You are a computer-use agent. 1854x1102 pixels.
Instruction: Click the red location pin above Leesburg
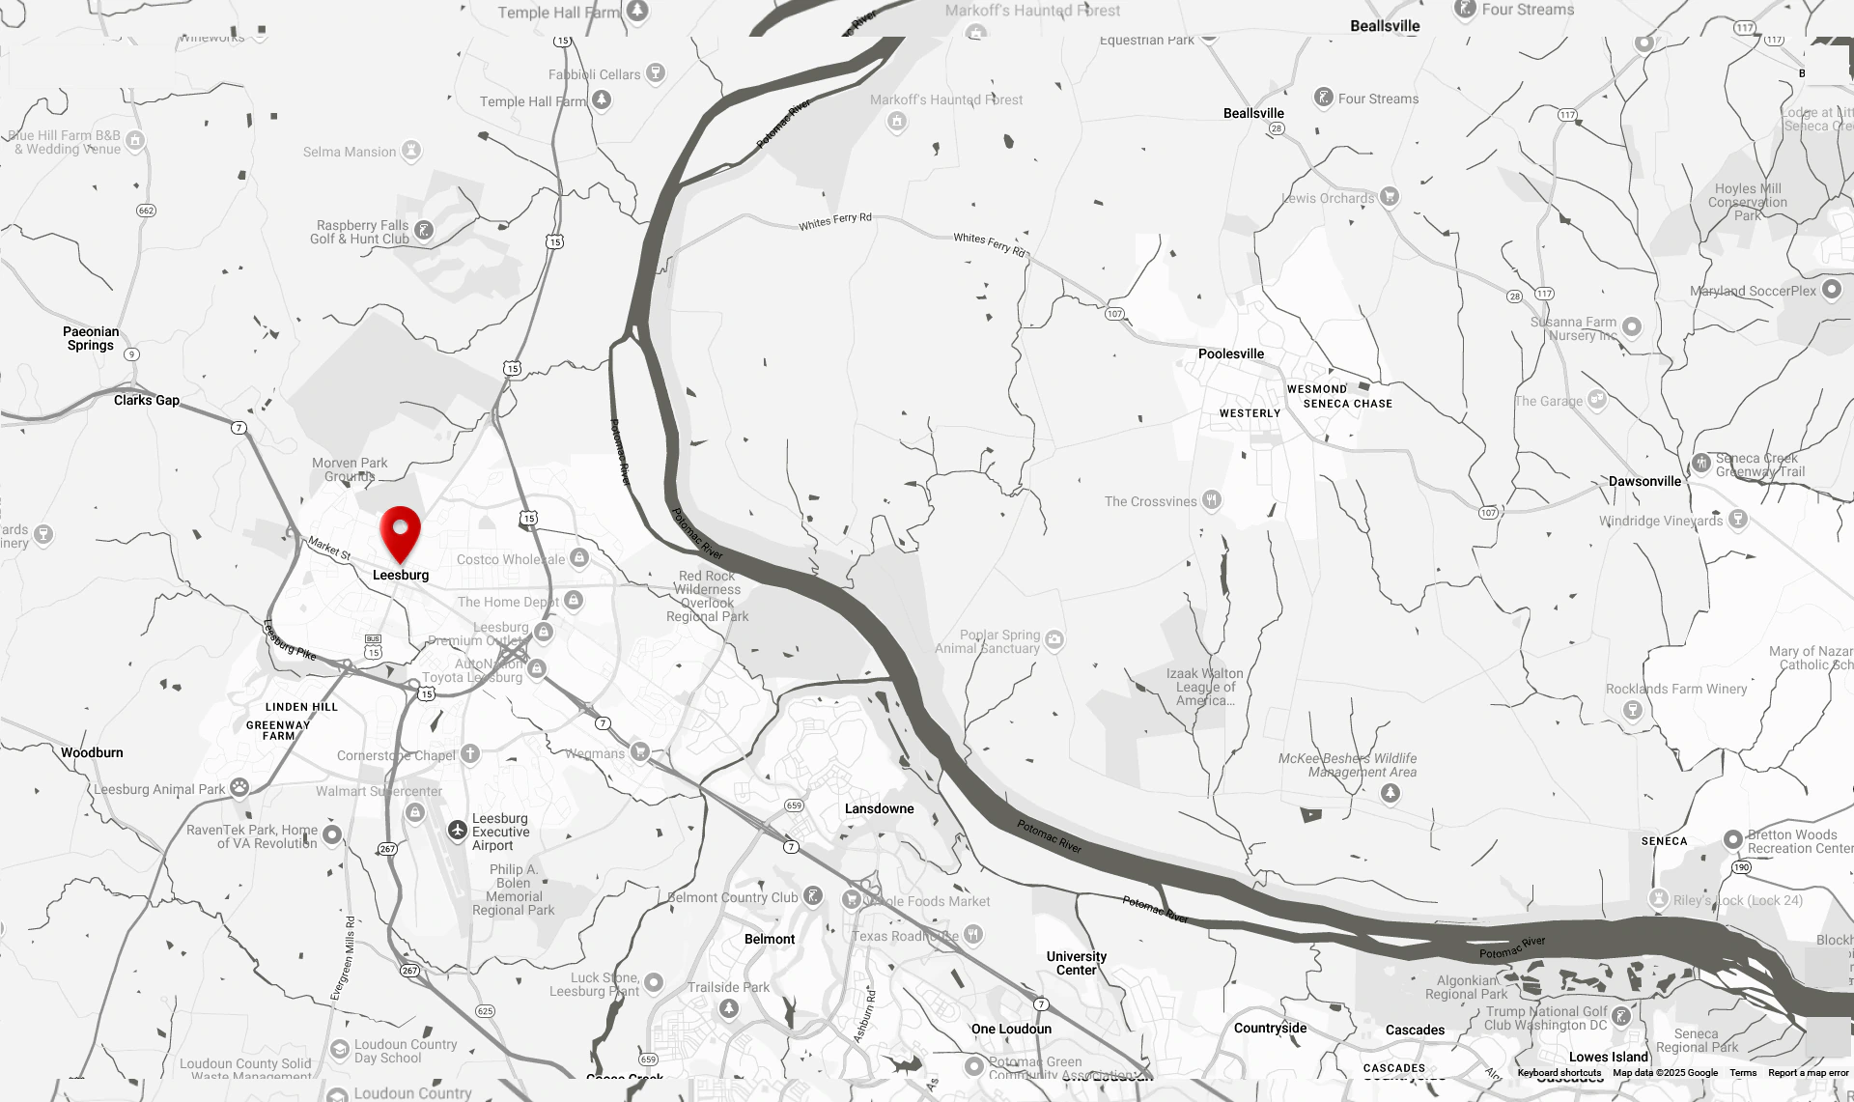[400, 532]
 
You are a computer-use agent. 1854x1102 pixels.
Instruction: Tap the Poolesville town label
[1230, 353]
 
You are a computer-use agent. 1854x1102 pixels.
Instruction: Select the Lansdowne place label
[879, 808]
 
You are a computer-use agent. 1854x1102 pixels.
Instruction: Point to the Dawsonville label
[1644, 481]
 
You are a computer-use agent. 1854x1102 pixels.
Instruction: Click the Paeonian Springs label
[91, 338]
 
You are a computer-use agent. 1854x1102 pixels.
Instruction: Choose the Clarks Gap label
[147, 400]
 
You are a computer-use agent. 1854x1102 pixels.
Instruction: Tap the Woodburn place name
[92, 752]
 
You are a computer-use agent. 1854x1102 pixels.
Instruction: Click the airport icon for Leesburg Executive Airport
[458, 830]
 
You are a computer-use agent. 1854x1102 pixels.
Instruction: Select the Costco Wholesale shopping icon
[578, 557]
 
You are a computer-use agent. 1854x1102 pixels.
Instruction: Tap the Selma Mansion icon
[411, 150]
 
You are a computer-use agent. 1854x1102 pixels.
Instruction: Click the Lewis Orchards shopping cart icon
[1389, 196]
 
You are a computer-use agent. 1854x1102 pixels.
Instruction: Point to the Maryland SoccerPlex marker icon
[1831, 290]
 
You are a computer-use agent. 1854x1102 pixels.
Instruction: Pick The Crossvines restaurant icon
[1212, 499]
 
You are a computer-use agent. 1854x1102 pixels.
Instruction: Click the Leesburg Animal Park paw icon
[239, 787]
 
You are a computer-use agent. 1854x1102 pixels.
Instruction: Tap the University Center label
[1077, 963]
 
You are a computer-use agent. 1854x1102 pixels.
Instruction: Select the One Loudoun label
[1011, 1029]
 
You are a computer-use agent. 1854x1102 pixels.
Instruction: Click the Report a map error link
[1808, 1073]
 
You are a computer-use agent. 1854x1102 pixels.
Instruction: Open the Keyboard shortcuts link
[1559, 1073]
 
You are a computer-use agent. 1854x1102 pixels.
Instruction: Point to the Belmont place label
[770, 939]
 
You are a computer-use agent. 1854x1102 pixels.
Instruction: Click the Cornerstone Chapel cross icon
[470, 753]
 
